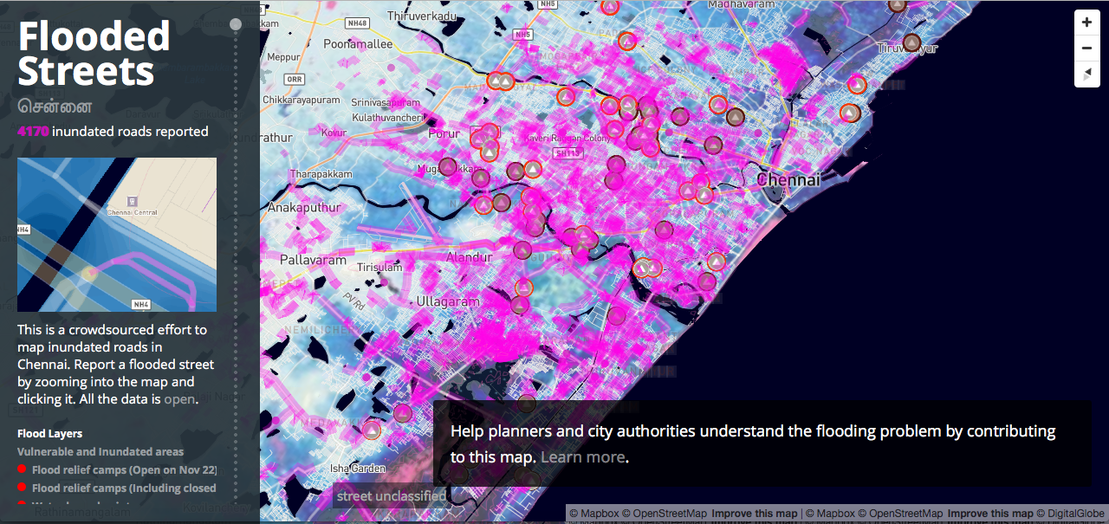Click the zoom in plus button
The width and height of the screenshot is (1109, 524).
pyautogui.click(x=1086, y=23)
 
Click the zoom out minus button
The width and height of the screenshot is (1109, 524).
pyautogui.click(x=1086, y=49)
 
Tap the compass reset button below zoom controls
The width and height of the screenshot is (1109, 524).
pyautogui.click(x=1086, y=74)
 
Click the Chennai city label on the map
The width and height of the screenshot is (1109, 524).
pyautogui.click(x=788, y=180)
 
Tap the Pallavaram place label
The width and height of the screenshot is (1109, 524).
pyautogui.click(x=313, y=260)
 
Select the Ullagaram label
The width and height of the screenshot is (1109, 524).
pyautogui.click(x=447, y=301)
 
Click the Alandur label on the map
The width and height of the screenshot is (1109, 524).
pyautogui.click(x=468, y=257)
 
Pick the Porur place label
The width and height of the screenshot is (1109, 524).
pyautogui.click(x=444, y=134)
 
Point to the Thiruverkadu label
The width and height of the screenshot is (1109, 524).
pyautogui.click(x=421, y=16)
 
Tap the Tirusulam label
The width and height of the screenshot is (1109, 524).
pyautogui.click(x=380, y=268)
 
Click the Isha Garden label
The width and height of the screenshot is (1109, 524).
pyautogui.click(x=357, y=469)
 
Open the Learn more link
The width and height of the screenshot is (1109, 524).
pyautogui.click(x=582, y=457)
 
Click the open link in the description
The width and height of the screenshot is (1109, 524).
pyautogui.click(x=179, y=399)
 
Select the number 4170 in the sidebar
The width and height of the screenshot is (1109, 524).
pyautogui.click(x=33, y=132)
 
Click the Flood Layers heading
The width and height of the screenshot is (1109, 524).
pyautogui.click(x=50, y=434)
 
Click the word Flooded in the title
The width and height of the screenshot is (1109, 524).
pyautogui.click(x=94, y=36)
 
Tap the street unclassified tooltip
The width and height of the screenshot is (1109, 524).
pyautogui.click(x=391, y=496)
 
